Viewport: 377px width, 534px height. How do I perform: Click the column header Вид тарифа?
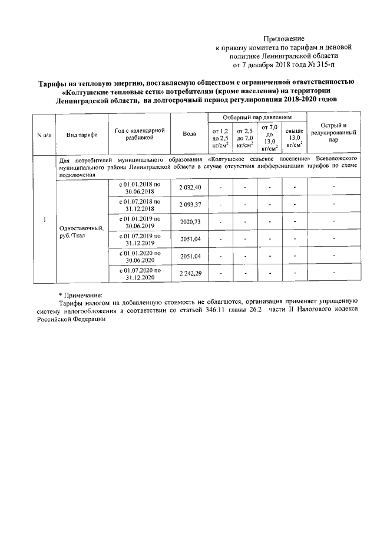coord(82,135)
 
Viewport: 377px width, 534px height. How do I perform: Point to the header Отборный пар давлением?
coord(258,118)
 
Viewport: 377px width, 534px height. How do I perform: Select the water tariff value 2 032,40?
coord(190,187)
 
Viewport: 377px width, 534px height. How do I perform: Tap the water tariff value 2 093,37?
coord(190,204)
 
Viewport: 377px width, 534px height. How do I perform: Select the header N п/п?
coord(44,135)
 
